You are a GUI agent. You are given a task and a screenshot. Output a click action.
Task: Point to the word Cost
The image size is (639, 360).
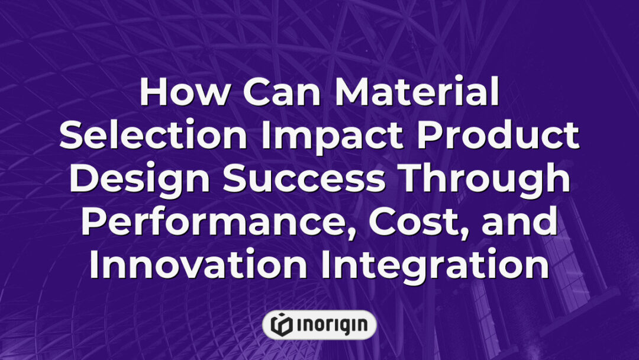414,223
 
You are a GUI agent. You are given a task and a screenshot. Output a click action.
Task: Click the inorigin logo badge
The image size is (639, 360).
319,324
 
